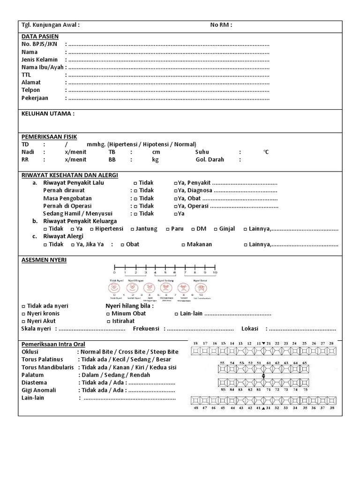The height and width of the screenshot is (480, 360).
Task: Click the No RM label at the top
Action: [x=221, y=25]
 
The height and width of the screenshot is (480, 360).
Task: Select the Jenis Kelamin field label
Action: [x=39, y=60]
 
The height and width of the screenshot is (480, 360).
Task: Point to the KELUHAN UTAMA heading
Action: [x=48, y=113]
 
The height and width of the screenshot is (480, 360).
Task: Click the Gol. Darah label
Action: [x=210, y=159]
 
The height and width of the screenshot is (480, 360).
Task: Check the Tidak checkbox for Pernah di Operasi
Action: [x=135, y=206]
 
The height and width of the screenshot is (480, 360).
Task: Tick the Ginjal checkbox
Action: [x=215, y=229]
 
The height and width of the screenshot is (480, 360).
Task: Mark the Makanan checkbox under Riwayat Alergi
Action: [x=183, y=245]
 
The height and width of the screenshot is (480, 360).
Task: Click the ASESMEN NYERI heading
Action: [x=44, y=260]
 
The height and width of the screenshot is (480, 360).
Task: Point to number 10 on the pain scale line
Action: [x=215, y=272]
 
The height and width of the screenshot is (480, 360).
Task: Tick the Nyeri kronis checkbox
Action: [x=23, y=314]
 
